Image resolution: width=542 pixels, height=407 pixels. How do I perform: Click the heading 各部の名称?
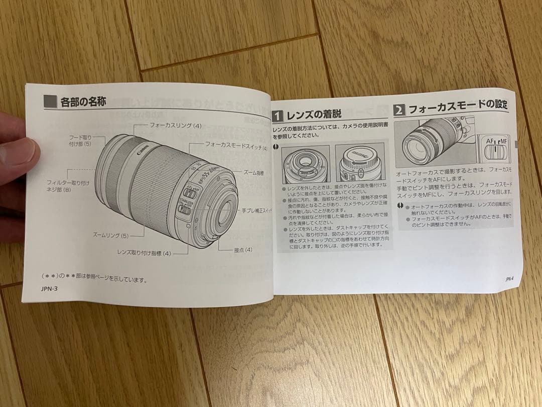coord(83,103)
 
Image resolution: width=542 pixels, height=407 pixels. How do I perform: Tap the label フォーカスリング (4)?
coord(175,126)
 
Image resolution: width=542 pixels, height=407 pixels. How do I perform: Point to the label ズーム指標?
coord(254,172)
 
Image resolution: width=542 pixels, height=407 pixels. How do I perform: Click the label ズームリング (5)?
coord(111,235)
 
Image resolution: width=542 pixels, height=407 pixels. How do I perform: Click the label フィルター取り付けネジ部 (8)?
coord(68,186)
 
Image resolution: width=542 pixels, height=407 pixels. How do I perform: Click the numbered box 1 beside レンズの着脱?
coord(278,116)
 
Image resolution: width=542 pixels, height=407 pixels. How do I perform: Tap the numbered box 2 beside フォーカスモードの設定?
coord(399,110)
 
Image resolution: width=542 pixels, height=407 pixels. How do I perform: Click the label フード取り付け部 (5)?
coord(80,140)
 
